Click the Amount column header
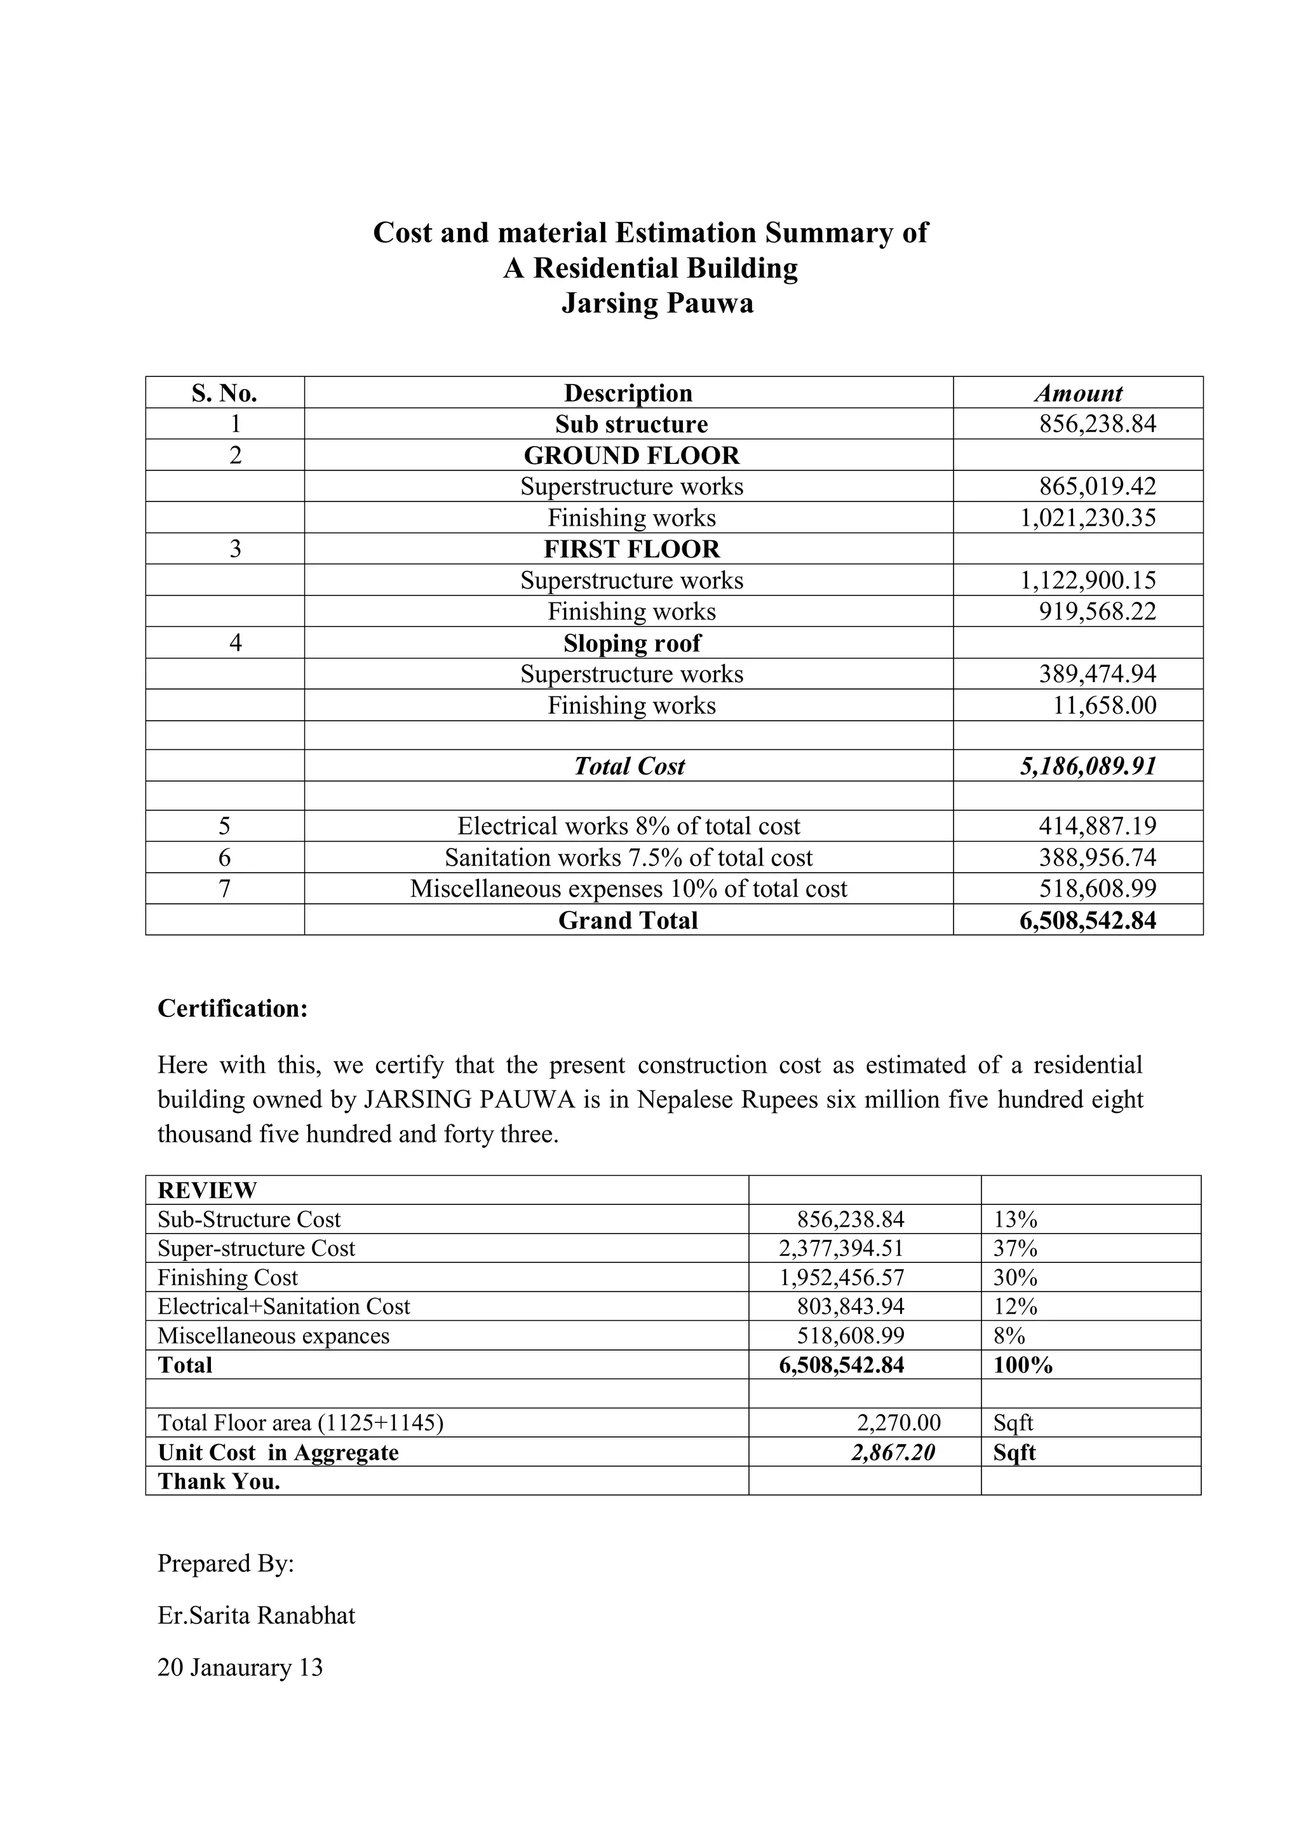[x=1077, y=393]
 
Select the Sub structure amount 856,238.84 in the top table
[x=1098, y=424]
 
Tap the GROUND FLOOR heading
[x=631, y=455]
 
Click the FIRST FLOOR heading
[x=631, y=549]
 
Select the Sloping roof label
[x=631, y=643]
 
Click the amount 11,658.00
[x=1104, y=705]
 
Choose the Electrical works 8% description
[x=628, y=826]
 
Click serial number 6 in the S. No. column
[x=224, y=857]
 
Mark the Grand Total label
[x=628, y=920]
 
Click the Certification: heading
[x=233, y=1008]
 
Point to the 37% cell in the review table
[x=1015, y=1248]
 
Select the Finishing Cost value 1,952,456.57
[x=841, y=1278]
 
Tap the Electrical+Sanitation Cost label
[x=283, y=1306]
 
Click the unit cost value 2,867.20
[x=893, y=1452]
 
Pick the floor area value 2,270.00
[x=898, y=1422]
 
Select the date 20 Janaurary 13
[x=239, y=1667]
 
